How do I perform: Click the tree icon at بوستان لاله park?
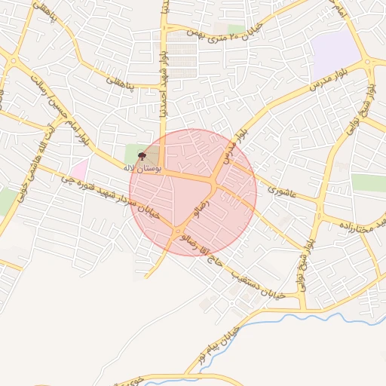coord(142,156)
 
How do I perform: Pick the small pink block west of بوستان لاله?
coord(79,167)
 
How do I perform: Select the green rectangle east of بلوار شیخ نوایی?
coord(369,182)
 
